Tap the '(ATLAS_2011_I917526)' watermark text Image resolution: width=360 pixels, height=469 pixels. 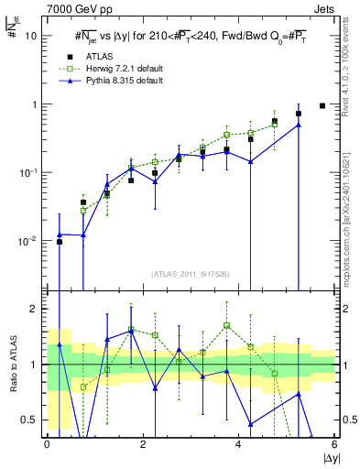(x=191, y=273)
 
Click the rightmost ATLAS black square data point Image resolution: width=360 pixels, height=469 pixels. (x=322, y=105)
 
